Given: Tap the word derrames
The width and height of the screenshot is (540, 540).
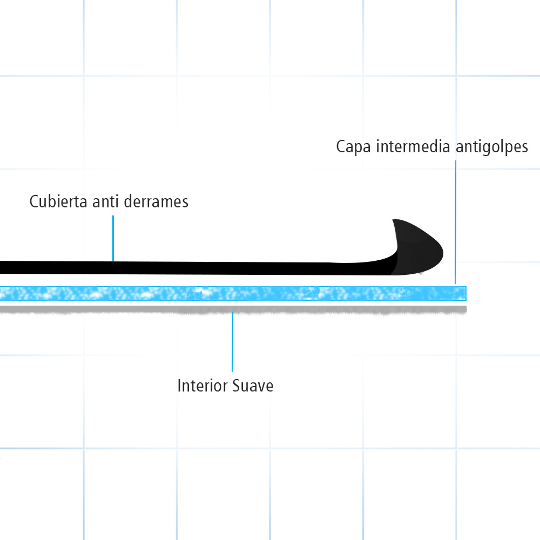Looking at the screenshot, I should (x=156, y=201).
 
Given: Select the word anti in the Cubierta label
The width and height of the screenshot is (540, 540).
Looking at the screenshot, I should (x=105, y=201).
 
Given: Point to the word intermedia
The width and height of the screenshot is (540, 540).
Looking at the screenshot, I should (x=410, y=146).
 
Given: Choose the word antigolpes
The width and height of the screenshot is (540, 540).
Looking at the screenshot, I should (x=492, y=147).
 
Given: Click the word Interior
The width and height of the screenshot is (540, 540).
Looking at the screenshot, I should (x=202, y=386).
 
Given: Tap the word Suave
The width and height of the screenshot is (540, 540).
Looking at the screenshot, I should (x=253, y=386).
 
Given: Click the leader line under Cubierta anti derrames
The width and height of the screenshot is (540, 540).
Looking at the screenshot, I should (x=113, y=238).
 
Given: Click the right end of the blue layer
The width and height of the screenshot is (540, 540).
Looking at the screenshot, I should (x=463, y=293).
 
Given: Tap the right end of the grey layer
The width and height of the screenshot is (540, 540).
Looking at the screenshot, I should (x=463, y=309).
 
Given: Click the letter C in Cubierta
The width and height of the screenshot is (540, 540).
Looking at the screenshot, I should (x=33, y=201).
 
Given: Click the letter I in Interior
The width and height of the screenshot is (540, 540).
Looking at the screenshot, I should (x=179, y=386).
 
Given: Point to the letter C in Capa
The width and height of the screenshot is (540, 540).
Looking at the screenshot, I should (x=341, y=147).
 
